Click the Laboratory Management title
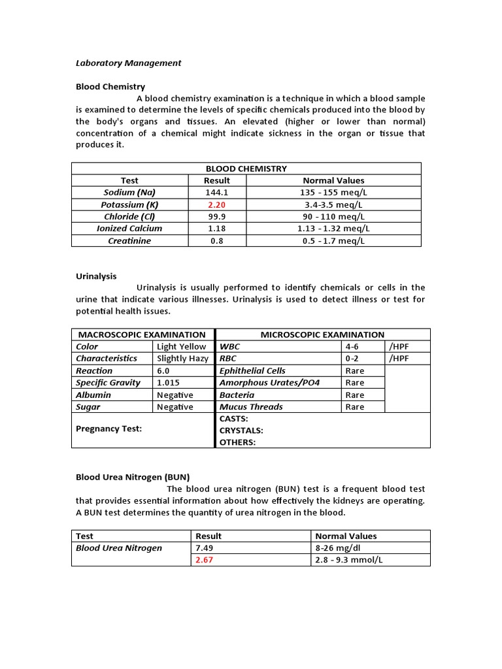128,63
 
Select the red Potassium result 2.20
217,204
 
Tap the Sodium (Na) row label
129,192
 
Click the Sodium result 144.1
217,192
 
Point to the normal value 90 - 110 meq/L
333,216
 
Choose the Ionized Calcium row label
129,228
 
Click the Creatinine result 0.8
217,240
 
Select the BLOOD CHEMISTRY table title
246,168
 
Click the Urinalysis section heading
96,276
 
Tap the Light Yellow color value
181,346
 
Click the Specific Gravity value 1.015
168,382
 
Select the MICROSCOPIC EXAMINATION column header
322,334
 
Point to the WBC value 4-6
353,346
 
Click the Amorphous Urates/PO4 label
269,382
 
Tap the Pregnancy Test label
109,429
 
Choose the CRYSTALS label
241,431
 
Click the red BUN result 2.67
205,560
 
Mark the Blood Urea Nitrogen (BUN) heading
133,477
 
